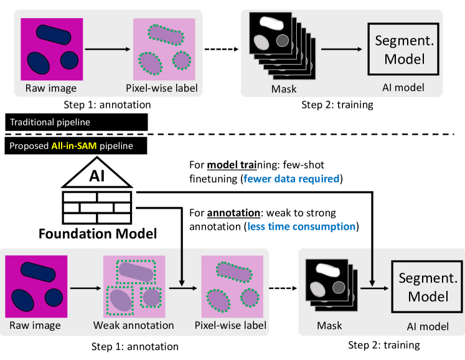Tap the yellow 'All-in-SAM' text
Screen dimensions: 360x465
[x=73, y=147]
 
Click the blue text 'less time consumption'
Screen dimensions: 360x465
[x=301, y=226]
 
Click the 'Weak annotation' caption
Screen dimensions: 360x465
[x=134, y=325]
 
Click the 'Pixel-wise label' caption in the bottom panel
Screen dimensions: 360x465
[x=230, y=325]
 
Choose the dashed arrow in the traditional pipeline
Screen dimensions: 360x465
[x=222, y=49]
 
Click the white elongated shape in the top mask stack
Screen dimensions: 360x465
[x=270, y=23]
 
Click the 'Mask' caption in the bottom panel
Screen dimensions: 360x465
[x=329, y=325]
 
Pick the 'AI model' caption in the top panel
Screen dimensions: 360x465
[x=403, y=88]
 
